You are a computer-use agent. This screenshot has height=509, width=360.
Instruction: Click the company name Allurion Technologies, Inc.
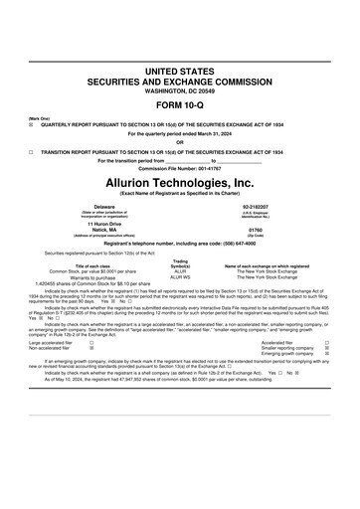(x=179, y=183)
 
